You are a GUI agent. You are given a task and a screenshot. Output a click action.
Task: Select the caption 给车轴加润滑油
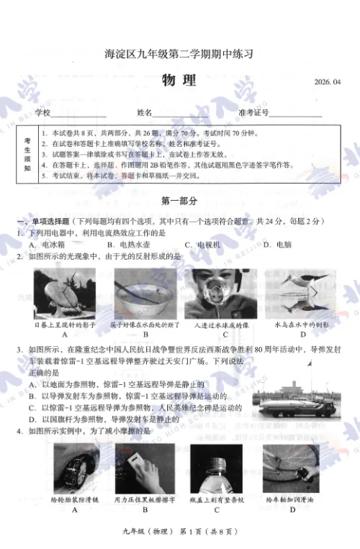click(x=292, y=499)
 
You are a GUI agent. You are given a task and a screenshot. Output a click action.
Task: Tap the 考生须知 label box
click(x=27, y=155)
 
